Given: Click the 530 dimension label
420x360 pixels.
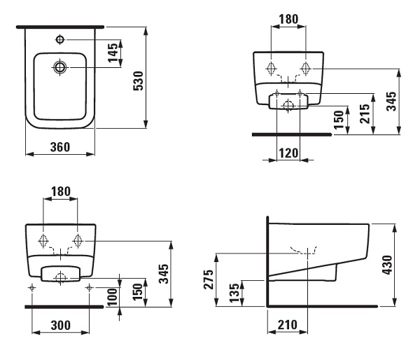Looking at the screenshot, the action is (x=139, y=81).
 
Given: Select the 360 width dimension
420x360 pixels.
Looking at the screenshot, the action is (x=60, y=147).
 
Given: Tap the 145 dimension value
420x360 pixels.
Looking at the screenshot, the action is (x=113, y=53).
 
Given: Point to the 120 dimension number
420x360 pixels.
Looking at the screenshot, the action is (x=288, y=153).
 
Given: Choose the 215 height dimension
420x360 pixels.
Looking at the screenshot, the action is (x=365, y=113).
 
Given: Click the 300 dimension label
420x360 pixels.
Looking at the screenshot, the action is (x=60, y=325).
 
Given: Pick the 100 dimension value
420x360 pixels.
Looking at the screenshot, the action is (x=112, y=297).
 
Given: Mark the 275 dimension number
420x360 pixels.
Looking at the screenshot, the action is (x=209, y=279).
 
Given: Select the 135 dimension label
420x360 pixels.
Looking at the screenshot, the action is (x=234, y=293).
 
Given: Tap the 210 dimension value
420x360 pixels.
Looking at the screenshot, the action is (x=288, y=325).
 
